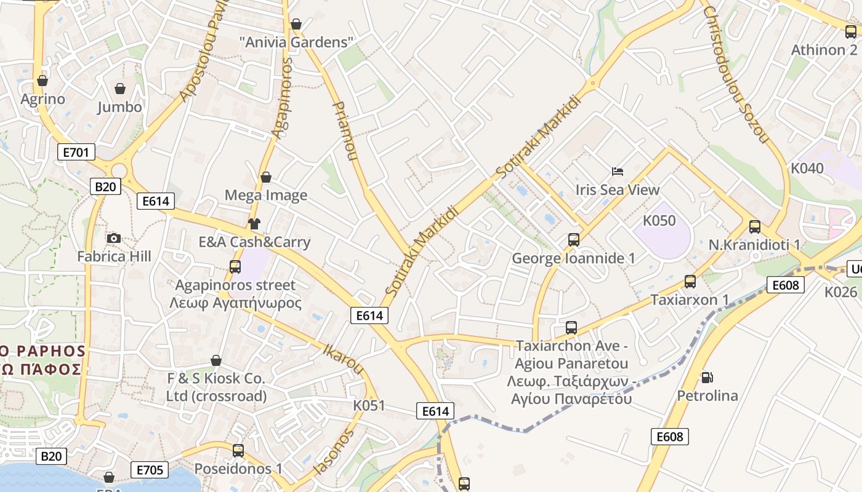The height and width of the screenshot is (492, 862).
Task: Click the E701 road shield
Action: coord(76,152)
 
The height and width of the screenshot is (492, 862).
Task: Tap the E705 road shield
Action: coord(150,470)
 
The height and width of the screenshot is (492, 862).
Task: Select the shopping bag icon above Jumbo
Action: coord(120,89)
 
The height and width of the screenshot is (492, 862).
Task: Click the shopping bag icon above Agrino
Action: coord(42,81)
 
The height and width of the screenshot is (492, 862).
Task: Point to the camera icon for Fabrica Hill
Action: coord(113,239)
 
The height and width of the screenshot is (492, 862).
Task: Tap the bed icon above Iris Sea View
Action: coord(618,171)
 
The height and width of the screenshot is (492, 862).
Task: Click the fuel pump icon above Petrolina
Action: coord(707,377)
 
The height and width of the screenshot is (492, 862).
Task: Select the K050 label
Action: coord(659,221)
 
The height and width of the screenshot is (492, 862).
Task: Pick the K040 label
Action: coord(807,169)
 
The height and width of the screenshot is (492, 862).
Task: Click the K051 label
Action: coord(369,406)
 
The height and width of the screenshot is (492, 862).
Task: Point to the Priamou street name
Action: coord(345,131)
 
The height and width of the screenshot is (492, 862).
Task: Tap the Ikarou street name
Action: coord(343,359)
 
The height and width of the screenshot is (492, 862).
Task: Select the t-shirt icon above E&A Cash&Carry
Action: coord(254,224)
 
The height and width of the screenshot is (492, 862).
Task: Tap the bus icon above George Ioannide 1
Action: coord(574,240)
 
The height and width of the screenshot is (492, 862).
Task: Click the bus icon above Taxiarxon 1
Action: coord(690,282)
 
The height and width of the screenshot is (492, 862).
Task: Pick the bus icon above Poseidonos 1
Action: coord(238,451)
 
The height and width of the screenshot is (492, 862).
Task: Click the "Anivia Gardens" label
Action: coord(297,42)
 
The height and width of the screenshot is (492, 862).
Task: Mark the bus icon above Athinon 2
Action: coord(850,32)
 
